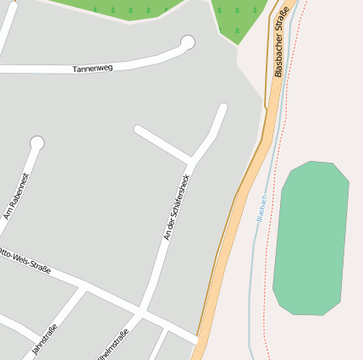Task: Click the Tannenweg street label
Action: (93, 69)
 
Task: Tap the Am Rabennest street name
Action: (16, 196)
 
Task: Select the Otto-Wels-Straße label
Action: (25, 261)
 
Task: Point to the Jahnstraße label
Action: (43, 339)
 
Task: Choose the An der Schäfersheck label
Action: (178, 208)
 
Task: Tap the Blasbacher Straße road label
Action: (282, 42)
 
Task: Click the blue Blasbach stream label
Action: (261, 207)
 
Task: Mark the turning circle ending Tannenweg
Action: (188, 42)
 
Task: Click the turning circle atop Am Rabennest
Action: (36, 143)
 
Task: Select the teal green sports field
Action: (311, 237)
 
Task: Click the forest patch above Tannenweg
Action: (127, 8)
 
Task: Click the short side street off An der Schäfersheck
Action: (162, 143)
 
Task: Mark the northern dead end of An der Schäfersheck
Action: (223, 108)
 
